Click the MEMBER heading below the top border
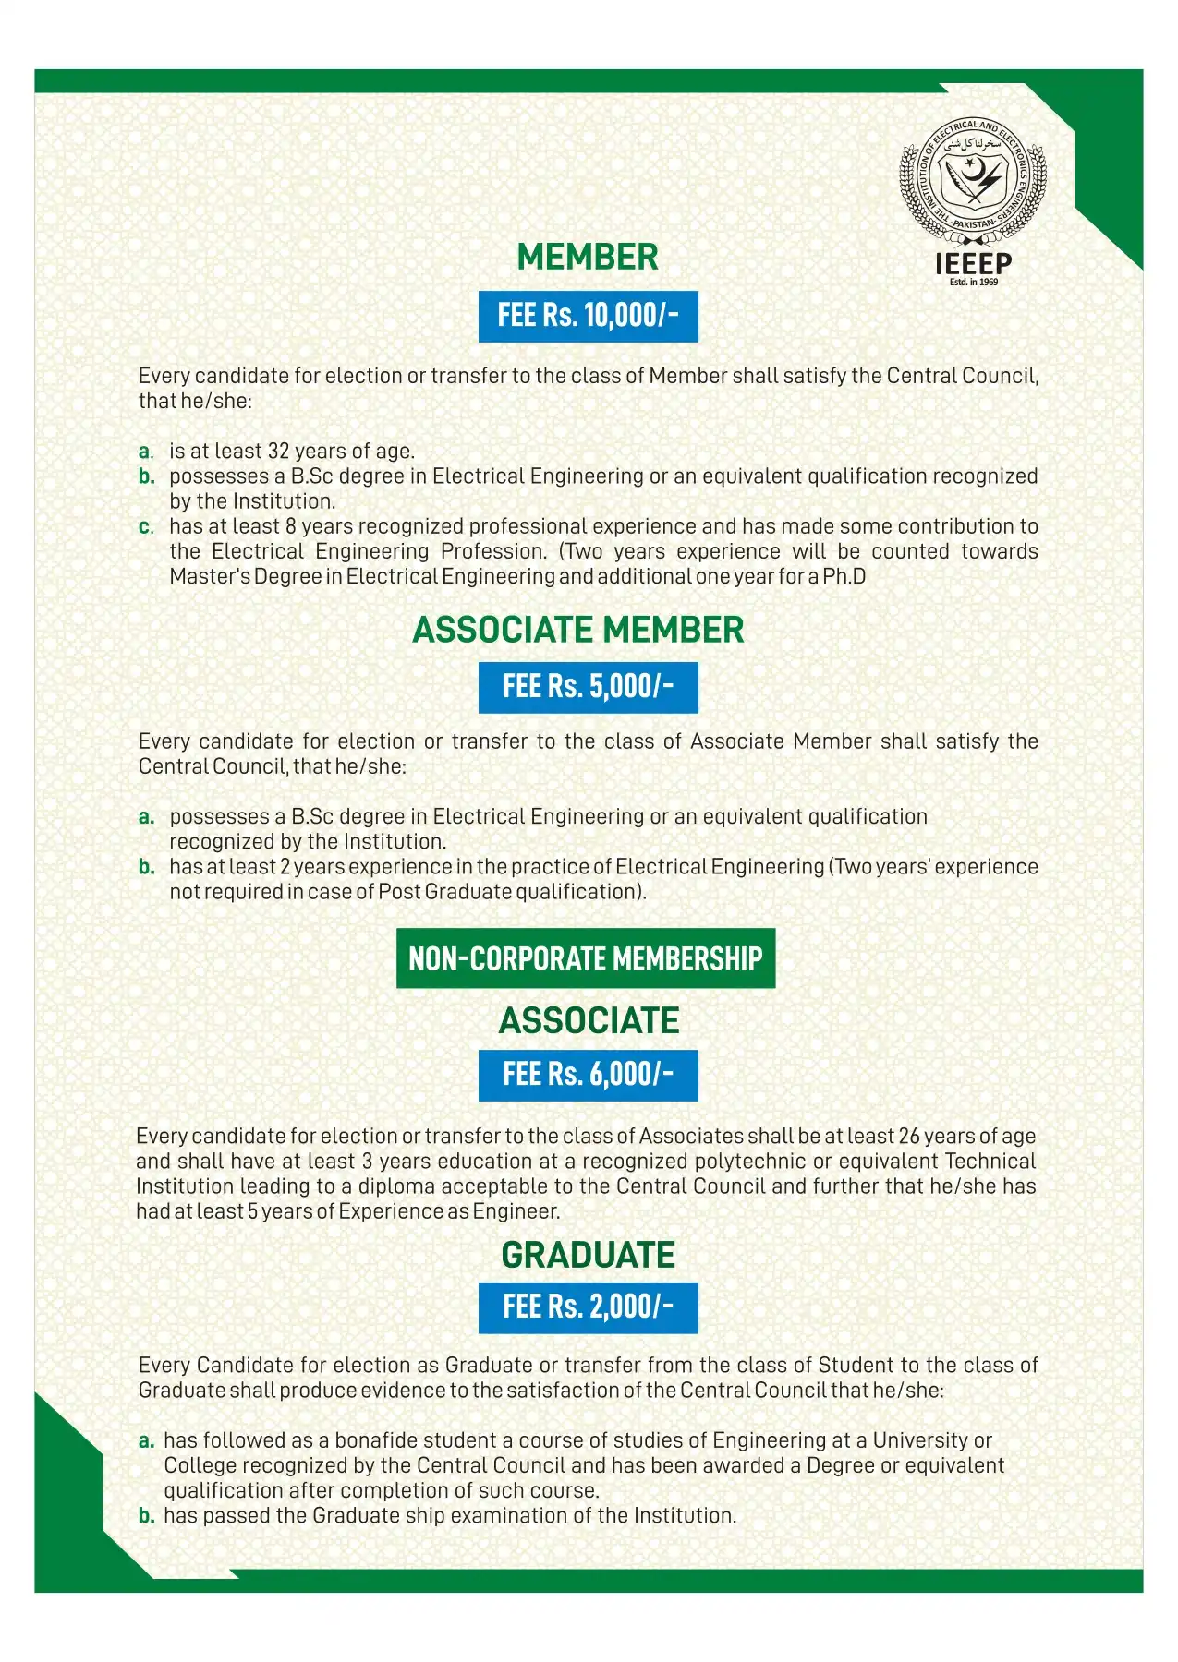click(x=588, y=258)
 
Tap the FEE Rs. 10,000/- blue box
click(x=588, y=316)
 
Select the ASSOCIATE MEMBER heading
click(x=578, y=630)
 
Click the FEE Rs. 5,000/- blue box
click(x=588, y=687)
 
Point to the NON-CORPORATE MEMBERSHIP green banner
click(x=586, y=958)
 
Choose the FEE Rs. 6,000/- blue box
click(x=588, y=1075)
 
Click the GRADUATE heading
click(x=588, y=1255)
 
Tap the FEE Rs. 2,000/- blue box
click(x=588, y=1307)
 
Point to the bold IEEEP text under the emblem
click(x=973, y=264)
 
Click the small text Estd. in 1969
click(x=974, y=282)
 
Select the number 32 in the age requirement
click(x=278, y=452)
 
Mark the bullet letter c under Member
click(x=145, y=527)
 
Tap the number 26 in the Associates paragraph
click(x=909, y=1137)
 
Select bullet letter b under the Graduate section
click(x=146, y=1516)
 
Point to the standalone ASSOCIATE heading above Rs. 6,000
click(x=589, y=1020)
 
